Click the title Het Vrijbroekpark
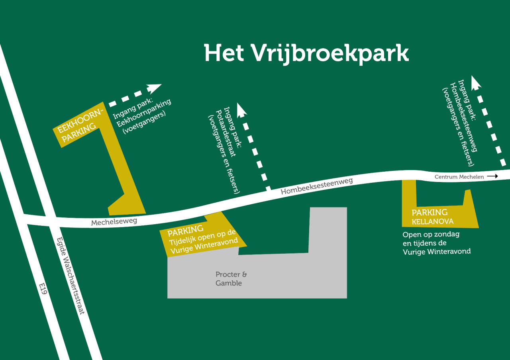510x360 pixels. tap(306, 53)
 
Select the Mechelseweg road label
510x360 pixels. tap(114, 221)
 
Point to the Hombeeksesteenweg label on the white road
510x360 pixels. tap(317, 186)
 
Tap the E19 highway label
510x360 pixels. tap(43, 289)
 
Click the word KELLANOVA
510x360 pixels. tap(433, 221)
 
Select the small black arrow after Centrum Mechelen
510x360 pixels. tap(492, 176)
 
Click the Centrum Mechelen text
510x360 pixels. tap(459, 177)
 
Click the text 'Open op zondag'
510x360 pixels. tap(431, 234)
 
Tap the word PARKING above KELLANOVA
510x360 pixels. tap(430, 212)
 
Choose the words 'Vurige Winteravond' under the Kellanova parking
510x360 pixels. tap(437, 252)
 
